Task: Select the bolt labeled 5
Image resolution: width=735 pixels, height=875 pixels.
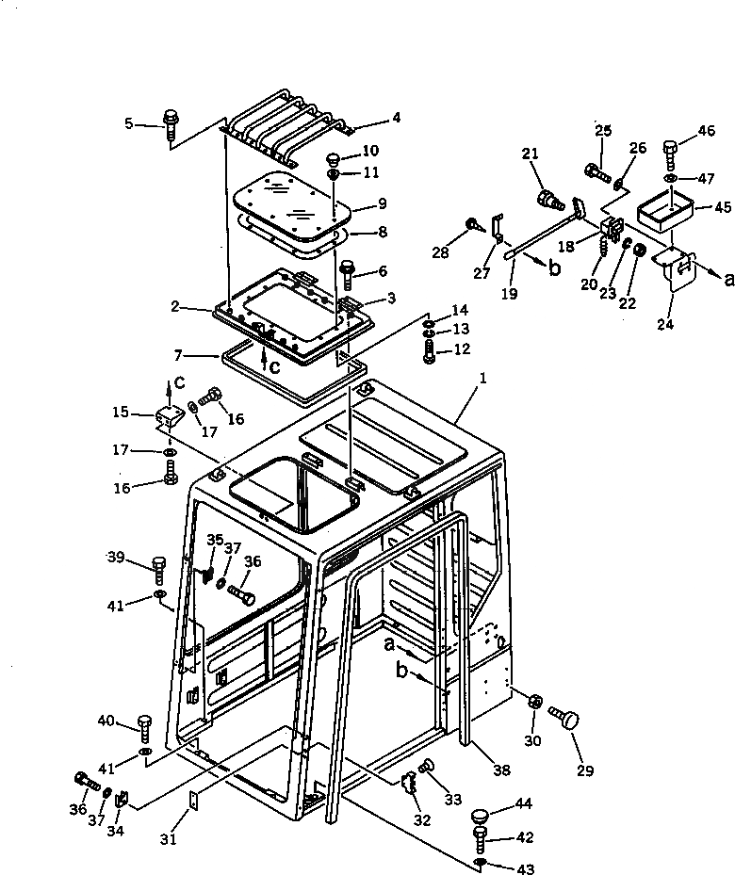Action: coord(171,124)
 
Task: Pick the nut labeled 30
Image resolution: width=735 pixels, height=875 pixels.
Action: coord(532,702)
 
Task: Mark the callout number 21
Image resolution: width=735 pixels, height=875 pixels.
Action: coord(530,154)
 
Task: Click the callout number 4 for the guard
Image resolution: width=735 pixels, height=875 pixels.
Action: coord(397,118)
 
